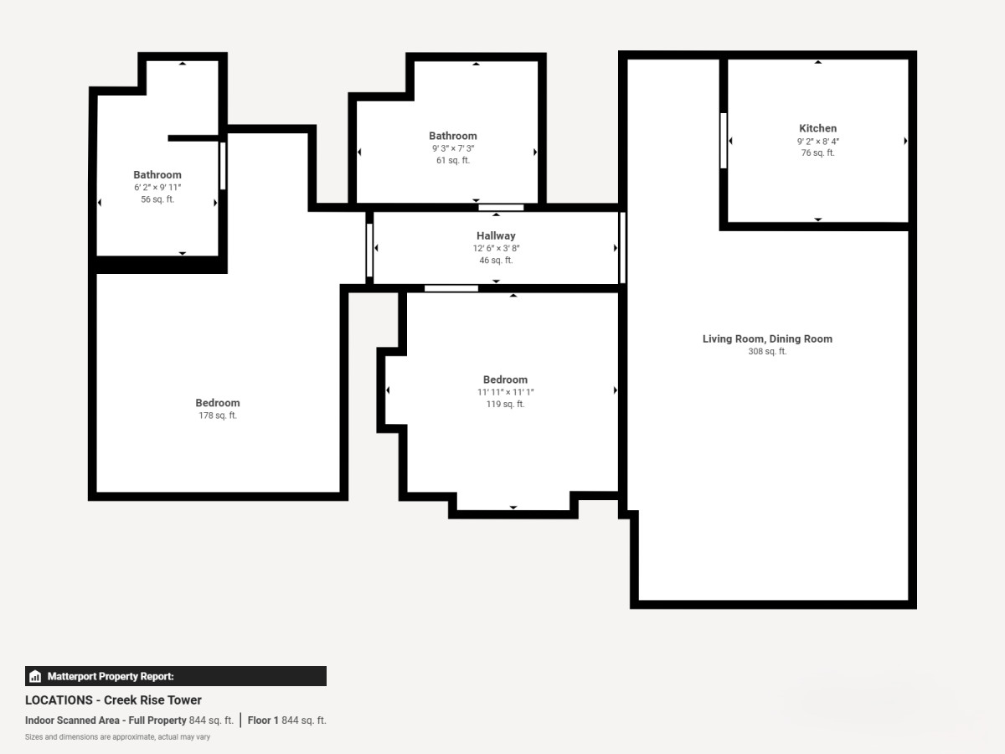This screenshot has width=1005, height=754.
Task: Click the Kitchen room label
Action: click(x=817, y=129)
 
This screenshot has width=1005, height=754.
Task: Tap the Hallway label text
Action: click(x=496, y=235)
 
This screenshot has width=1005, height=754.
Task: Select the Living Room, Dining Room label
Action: click(x=767, y=339)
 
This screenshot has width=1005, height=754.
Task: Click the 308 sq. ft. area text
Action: click(x=767, y=352)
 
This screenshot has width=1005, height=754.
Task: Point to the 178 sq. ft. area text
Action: click(x=218, y=416)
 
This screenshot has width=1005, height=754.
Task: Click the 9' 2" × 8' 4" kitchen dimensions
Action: click(x=817, y=142)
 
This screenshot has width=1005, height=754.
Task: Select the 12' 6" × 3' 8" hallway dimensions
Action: click(x=496, y=249)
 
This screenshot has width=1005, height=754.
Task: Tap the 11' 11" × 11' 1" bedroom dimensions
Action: click(x=506, y=392)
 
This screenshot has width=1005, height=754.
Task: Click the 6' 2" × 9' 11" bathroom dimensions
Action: click(x=157, y=187)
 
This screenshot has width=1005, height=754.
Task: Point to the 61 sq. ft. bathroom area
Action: click(x=453, y=161)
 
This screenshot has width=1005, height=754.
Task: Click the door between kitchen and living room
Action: click(x=724, y=141)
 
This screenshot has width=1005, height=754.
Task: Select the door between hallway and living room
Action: click(x=622, y=247)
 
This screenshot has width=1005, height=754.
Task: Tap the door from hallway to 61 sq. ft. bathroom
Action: click(x=501, y=208)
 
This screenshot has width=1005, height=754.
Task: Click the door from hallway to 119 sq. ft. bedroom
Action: click(x=451, y=288)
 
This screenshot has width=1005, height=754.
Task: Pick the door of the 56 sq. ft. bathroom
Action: click(x=223, y=166)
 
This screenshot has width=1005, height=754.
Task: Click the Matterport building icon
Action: click(x=35, y=676)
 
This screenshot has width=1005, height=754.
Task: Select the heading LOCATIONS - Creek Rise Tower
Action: click(x=113, y=700)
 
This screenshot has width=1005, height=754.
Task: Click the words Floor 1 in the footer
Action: click(x=263, y=720)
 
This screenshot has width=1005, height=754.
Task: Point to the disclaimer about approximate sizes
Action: click(x=117, y=737)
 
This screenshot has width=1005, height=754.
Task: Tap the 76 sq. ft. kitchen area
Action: click(x=817, y=153)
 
